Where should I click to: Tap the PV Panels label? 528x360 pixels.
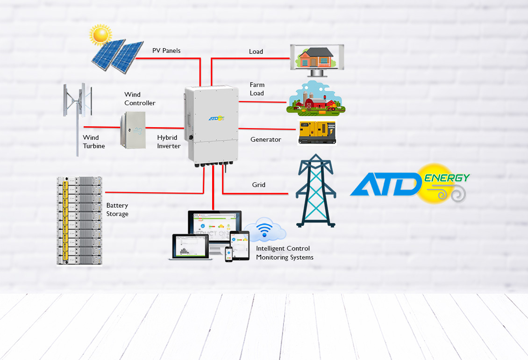tap(166, 50)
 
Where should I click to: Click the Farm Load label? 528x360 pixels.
tap(257, 89)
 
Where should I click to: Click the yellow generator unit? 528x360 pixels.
tap(317, 132)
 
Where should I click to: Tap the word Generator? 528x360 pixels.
tap(265, 139)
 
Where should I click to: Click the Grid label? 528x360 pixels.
tap(258, 185)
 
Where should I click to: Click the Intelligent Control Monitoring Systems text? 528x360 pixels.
tap(284, 253)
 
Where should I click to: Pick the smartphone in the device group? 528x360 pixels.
tap(229, 254)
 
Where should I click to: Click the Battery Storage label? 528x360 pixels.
tap(117, 209)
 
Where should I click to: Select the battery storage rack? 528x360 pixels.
tap(79, 221)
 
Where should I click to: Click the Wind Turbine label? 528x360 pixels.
tap(93, 142)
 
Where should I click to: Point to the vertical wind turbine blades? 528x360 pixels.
tap(77, 101)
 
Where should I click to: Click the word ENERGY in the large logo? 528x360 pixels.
tap(447, 178)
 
